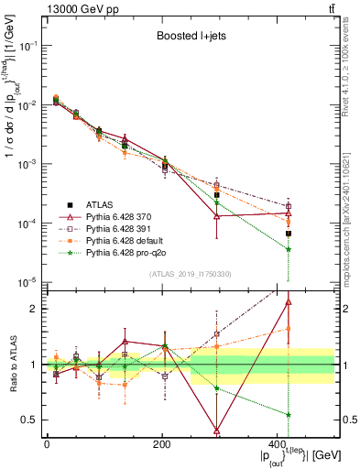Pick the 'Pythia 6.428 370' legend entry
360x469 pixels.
(125, 216)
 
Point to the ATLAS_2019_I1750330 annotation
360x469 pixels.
(190, 274)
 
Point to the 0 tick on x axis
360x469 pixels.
(47, 444)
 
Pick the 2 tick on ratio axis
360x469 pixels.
(35, 309)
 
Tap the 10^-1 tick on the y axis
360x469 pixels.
(27, 45)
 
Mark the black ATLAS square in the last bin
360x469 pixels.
(289, 234)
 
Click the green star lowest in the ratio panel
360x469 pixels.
(289, 415)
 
